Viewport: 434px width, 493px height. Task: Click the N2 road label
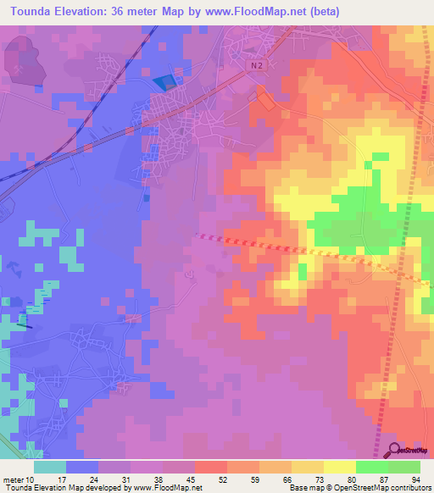[x=257, y=65]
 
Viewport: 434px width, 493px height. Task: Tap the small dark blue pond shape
[x=164, y=82]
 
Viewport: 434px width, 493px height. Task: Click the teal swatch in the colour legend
[x=50, y=467]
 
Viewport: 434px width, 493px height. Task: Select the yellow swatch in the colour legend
[x=340, y=467]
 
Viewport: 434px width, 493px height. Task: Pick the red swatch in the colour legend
[x=211, y=467]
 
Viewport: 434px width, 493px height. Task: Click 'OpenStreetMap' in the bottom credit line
[x=370, y=488]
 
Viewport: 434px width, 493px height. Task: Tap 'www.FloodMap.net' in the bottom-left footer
[x=165, y=488]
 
